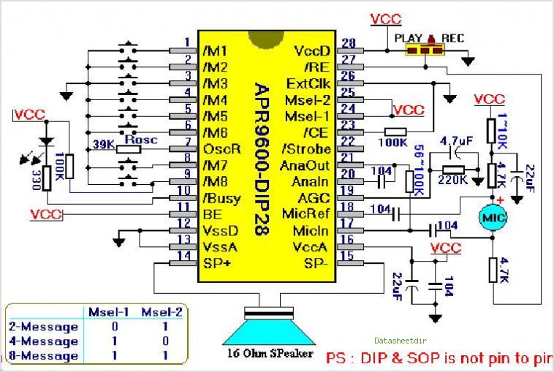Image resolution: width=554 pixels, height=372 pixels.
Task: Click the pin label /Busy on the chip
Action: [221, 198]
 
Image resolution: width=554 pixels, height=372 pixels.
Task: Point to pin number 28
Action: [348, 43]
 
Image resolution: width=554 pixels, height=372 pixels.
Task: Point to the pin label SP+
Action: [217, 263]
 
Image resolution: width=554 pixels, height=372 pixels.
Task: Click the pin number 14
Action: [188, 256]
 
